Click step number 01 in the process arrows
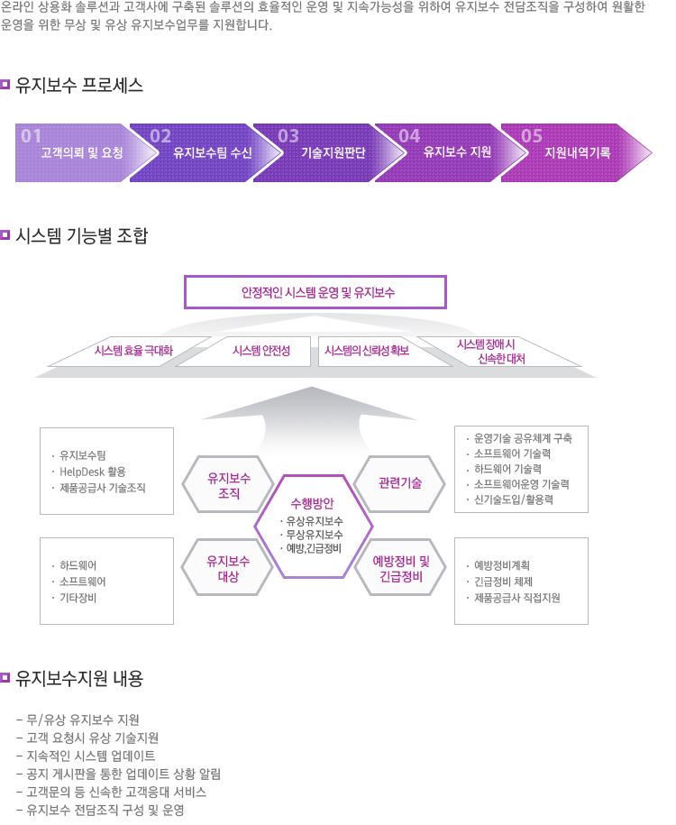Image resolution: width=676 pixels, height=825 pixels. pos(31,136)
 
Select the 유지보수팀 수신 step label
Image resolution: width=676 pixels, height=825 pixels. pos(213,152)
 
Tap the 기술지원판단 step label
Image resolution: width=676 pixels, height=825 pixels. pos(333,152)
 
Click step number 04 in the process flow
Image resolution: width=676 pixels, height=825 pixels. pos(409,136)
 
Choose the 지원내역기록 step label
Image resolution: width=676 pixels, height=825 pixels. pos(577,152)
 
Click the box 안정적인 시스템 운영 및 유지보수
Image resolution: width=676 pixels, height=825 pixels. pos(315,292)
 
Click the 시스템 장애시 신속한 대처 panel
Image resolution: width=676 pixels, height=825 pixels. pos(499,352)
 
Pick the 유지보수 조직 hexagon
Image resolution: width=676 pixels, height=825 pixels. pos(228,484)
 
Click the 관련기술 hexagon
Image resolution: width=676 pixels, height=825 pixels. pos(400,483)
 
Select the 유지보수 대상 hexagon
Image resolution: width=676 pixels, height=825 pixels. pos(228,568)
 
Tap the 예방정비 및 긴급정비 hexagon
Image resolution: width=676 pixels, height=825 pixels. pos(401,568)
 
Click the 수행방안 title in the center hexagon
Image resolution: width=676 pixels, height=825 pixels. pos(312,503)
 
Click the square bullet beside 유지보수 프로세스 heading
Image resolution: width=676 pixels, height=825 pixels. pos(5,84)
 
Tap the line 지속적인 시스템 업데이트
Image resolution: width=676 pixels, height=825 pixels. pos(86,756)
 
